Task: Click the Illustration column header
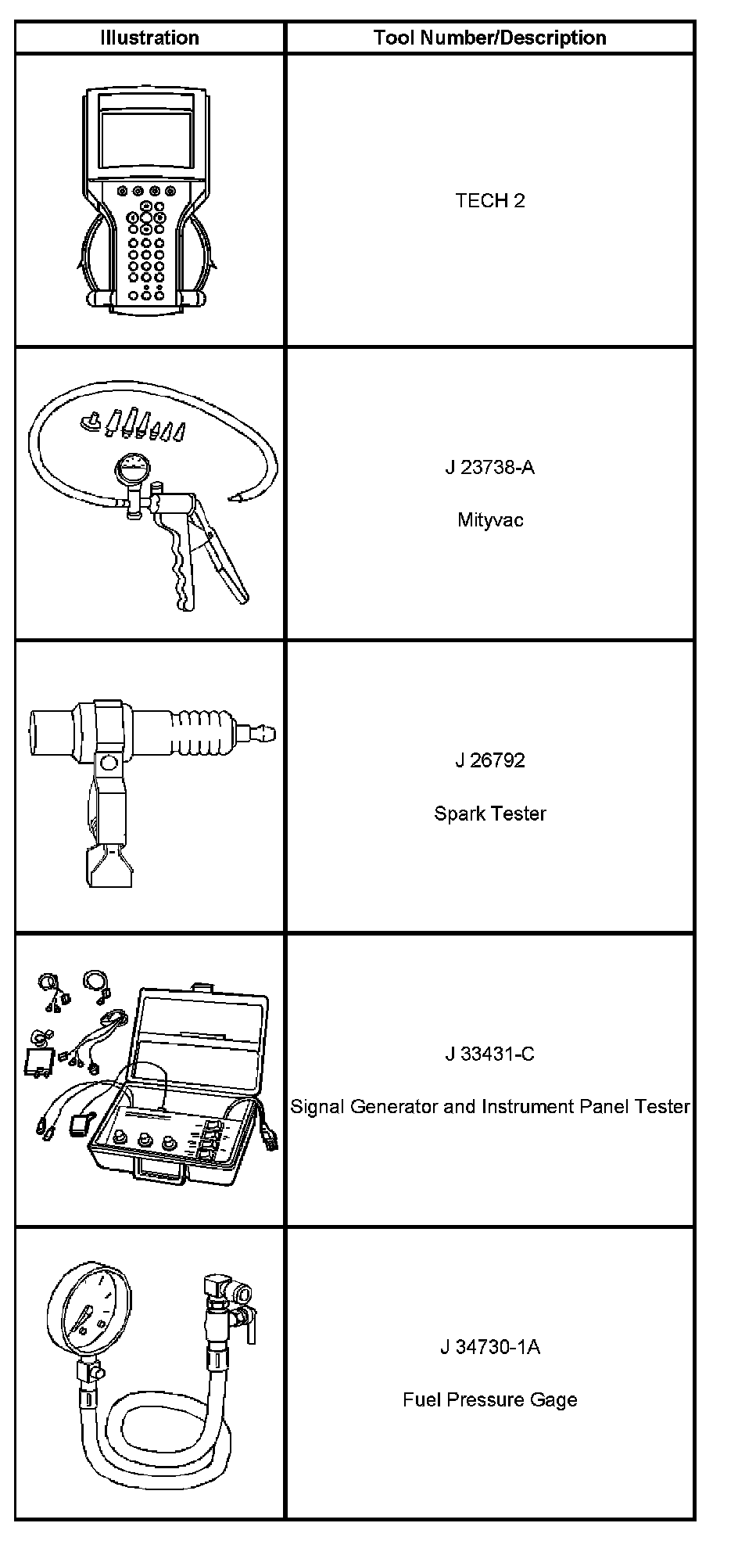(x=149, y=38)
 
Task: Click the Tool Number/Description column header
(x=489, y=38)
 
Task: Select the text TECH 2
(x=490, y=200)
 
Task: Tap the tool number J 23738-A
(x=490, y=468)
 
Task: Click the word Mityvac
(x=490, y=519)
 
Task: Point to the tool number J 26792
(x=490, y=760)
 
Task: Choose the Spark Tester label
(x=490, y=814)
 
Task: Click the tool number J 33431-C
(x=490, y=1054)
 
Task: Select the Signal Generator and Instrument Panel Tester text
(x=490, y=1106)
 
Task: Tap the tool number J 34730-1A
(x=490, y=1347)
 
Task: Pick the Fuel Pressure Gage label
(x=490, y=1399)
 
